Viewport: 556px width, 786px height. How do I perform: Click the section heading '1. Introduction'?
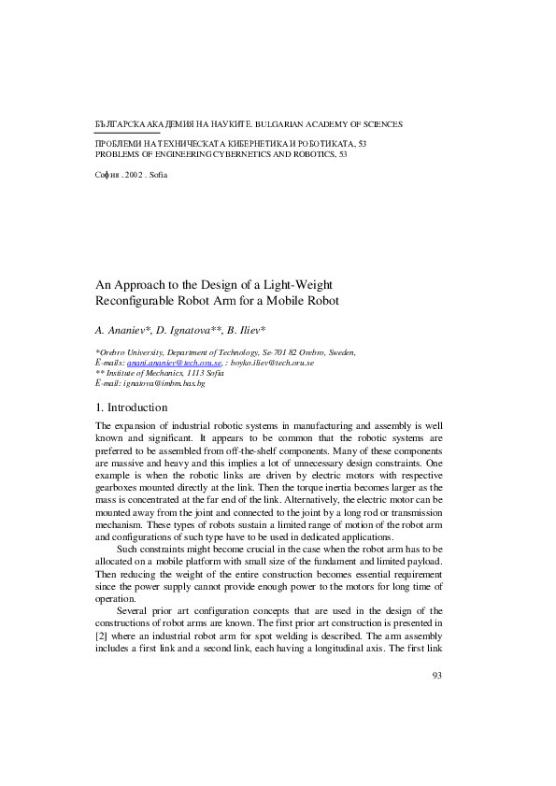132,407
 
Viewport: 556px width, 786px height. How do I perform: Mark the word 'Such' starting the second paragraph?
128,549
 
